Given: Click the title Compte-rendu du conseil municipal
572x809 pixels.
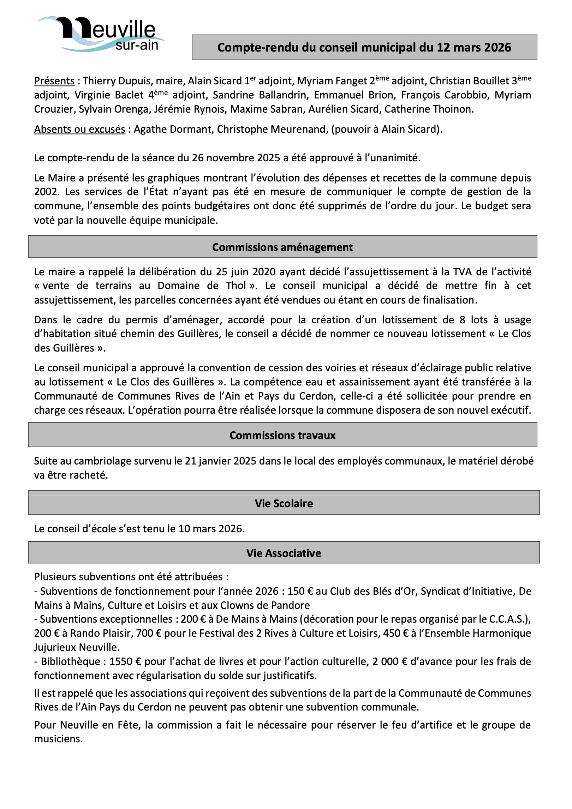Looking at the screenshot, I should [x=364, y=47].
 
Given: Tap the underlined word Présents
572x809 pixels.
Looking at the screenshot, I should [x=54, y=81].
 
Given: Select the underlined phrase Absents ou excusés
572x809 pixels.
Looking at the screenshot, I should [x=79, y=129].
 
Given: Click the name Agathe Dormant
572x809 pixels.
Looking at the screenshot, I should [x=173, y=129].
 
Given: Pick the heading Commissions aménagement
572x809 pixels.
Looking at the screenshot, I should [x=282, y=247].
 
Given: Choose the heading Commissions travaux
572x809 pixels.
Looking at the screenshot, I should [x=282, y=435].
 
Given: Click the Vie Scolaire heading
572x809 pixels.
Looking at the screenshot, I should [x=284, y=503].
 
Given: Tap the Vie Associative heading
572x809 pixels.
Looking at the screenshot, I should [x=284, y=553].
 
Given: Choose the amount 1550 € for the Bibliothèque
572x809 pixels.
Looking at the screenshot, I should [x=125, y=661].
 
